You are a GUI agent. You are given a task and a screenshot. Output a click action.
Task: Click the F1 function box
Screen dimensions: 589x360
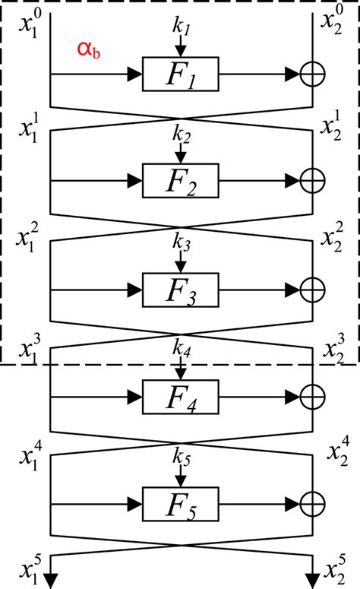(x=181, y=74)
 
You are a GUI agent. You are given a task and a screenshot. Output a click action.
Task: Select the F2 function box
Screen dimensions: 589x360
(x=181, y=180)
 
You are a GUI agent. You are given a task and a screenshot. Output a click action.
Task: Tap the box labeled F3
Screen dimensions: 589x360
(x=181, y=290)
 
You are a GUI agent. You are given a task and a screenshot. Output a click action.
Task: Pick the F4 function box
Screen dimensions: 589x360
(x=181, y=396)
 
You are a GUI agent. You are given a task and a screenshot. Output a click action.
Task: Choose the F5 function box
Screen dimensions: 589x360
(x=181, y=503)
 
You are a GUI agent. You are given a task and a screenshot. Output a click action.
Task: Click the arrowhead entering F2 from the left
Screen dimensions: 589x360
(x=134, y=180)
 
